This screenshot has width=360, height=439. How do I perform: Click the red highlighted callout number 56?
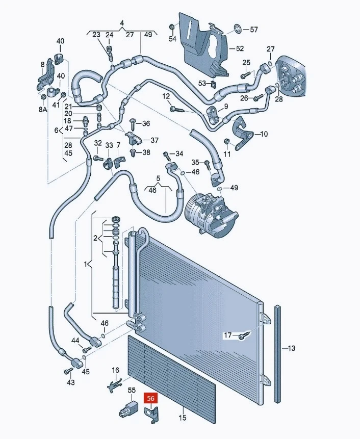pyautogui.click(x=150, y=398)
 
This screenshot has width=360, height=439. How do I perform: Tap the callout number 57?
pyautogui.click(x=253, y=29)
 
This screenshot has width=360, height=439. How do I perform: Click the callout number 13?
pyautogui.click(x=291, y=348)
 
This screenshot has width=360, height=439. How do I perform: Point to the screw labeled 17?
pyautogui.click(x=244, y=335)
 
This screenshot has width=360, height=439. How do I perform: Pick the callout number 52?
pyautogui.click(x=240, y=48)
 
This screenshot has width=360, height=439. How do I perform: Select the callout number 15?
pyautogui.click(x=182, y=418)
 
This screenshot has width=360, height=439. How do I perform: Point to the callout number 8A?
pyautogui.click(x=43, y=109)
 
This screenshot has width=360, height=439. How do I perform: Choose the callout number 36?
pyautogui.click(x=146, y=123)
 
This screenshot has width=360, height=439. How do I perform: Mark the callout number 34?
pyautogui.click(x=179, y=153)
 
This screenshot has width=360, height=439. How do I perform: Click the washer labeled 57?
pyautogui.click(x=238, y=29)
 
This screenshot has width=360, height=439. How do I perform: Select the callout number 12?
pyautogui.click(x=166, y=96)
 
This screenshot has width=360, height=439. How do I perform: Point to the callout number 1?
pyautogui.click(x=86, y=264)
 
